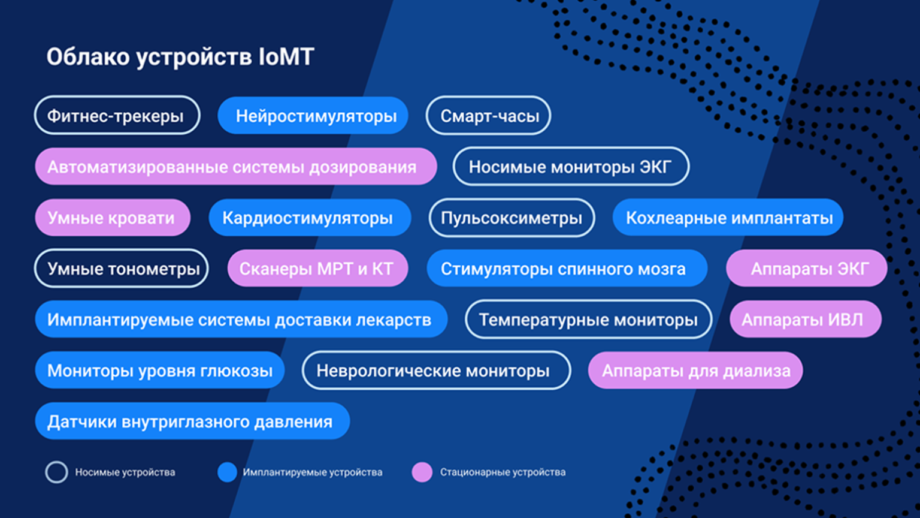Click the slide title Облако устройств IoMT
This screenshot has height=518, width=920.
point(180,57)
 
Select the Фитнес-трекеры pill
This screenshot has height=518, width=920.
point(117,116)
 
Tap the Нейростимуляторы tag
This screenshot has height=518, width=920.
point(313,116)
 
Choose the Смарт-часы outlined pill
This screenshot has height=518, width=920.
point(488,116)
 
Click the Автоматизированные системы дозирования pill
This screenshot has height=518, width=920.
point(236,167)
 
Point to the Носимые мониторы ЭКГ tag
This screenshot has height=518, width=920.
point(571,167)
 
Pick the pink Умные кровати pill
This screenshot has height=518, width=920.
point(113,218)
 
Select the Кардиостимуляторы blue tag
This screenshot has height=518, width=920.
point(310,218)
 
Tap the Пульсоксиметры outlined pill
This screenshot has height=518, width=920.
point(512,218)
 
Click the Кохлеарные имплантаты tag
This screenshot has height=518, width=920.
point(728,218)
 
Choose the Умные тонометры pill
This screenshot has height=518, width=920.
point(121,269)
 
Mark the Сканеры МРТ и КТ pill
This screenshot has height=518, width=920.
point(317,269)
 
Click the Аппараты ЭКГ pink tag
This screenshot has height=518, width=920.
point(807,269)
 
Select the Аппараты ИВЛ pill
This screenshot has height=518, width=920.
point(806,320)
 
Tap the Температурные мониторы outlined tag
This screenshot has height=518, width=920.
point(589,320)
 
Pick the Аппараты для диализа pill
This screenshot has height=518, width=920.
point(695,371)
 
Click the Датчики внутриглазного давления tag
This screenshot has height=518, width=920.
point(192,421)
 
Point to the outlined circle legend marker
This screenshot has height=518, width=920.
point(56,462)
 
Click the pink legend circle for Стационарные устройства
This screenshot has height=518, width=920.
point(422,472)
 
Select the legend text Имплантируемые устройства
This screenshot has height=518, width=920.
point(313,472)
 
